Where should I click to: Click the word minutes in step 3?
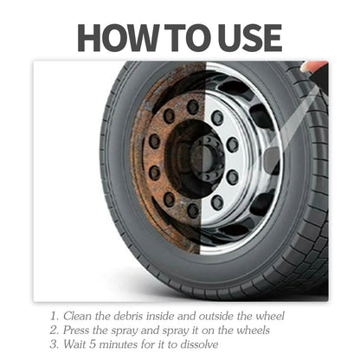point(122,344)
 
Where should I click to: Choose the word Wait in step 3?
point(76,344)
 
